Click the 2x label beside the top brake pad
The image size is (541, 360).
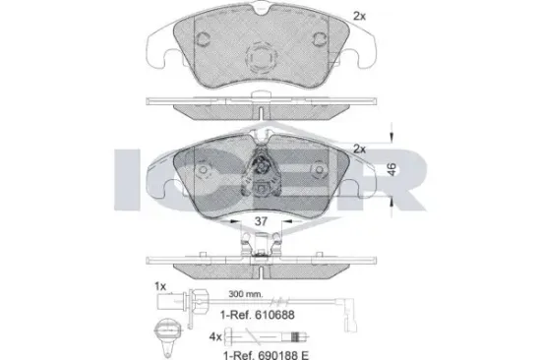359,16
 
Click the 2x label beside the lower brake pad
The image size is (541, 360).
359,150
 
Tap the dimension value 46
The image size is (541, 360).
391,169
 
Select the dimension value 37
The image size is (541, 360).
261,221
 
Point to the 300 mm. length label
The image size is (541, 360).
246,294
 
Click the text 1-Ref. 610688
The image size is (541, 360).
258,315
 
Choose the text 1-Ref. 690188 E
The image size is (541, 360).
266,354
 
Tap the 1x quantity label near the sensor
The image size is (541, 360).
160,286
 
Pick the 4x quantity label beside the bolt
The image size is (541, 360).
215,336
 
